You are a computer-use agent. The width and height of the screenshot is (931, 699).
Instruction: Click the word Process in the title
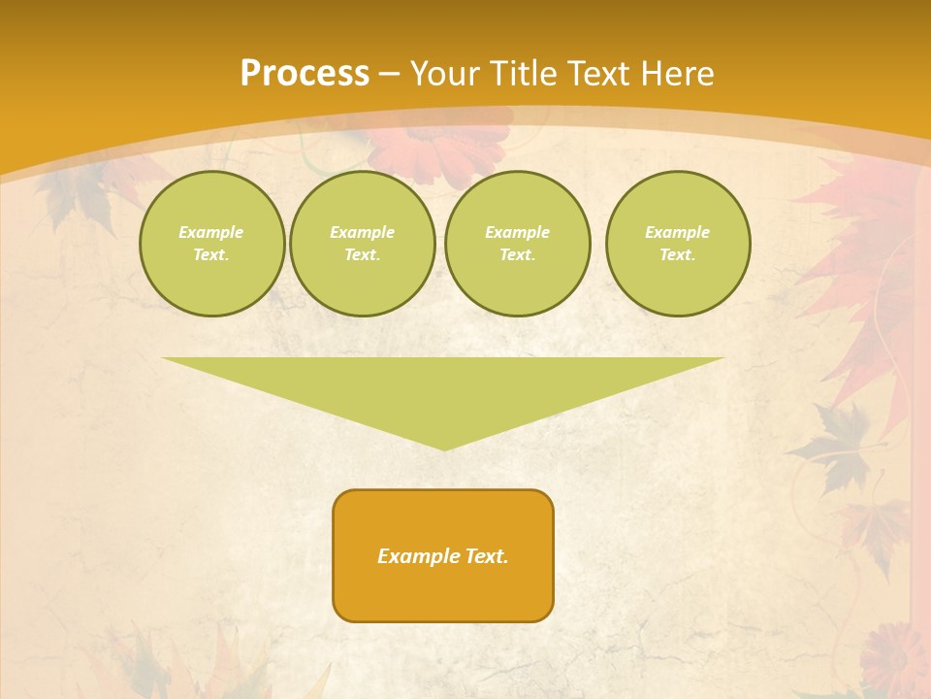click(305, 74)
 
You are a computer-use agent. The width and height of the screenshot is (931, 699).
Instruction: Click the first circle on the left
click(211, 243)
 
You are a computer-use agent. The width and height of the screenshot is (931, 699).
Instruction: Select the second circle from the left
click(362, 243)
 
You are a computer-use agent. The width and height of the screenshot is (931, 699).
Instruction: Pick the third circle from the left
click(517, 243)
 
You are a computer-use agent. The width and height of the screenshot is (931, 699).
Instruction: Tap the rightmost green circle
click(677, 243)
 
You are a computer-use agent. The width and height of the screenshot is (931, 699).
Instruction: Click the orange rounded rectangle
click(443, 555)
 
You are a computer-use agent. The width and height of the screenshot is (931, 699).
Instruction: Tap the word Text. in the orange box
click(486, 556)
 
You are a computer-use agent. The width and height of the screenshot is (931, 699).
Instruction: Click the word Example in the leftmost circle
click(211, 232)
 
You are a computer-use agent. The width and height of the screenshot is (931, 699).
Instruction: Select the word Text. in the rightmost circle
click(677, 254)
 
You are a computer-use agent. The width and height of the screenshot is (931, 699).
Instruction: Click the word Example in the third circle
click(517, 232)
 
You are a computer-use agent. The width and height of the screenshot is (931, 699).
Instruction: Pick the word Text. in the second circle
click(362, 254)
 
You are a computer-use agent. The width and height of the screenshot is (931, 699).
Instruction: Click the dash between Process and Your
click(389, 74)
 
